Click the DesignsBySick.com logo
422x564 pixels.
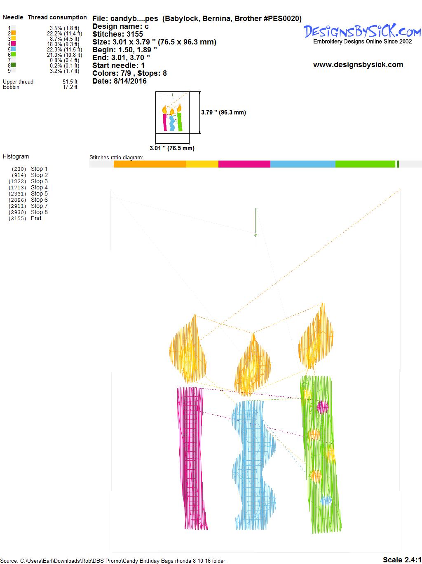(362, 34)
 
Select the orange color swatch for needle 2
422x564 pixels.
(13, 33)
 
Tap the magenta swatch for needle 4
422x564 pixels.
(13, 44)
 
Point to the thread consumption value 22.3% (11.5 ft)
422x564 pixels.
(64, 49)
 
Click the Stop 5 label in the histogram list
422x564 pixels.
(39, 193)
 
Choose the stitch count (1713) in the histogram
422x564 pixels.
(17, 188)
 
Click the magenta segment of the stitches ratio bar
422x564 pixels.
(244, 164)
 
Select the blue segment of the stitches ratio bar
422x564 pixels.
(302, 164)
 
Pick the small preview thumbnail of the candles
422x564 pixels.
(172, 112)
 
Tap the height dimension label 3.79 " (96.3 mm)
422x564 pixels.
(223, 112)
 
